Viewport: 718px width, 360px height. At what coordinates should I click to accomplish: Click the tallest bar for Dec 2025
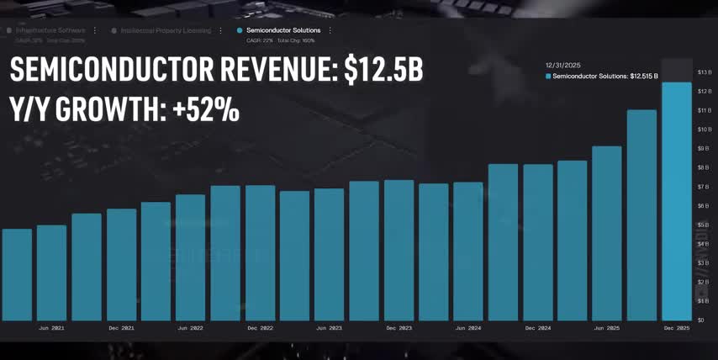[x=677, y=202]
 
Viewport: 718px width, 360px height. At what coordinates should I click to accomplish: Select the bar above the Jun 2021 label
[x=51, y=273]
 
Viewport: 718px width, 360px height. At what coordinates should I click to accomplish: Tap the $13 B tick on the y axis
[x=705, y=71]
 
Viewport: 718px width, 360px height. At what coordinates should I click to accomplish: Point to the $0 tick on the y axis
[x=702, y=320]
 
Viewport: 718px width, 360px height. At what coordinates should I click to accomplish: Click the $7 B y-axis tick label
[x=704, y=187]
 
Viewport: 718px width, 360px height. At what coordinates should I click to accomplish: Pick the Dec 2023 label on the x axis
[x=399, y=328]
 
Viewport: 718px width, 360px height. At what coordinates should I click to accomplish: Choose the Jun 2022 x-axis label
[x=191, y=328]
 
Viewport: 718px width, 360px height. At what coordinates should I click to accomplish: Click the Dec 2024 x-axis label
[x=538, y=328]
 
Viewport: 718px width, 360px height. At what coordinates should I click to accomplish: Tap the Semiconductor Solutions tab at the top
[x=283, y=30]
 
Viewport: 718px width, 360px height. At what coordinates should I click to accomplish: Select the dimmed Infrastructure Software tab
[x=50, y=30]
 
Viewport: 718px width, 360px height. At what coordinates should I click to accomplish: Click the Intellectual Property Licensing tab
[x=166, y=30]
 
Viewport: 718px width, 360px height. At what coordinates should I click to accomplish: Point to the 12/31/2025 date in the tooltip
[x=563, y=65]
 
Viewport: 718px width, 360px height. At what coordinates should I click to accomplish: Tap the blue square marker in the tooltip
[x=548, y=76]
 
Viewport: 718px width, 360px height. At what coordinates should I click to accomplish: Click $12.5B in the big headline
[x=383, y=71]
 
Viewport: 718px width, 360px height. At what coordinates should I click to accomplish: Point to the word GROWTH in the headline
[x=108, y=109]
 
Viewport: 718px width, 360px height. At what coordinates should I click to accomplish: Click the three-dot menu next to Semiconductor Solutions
[x=330, y=30]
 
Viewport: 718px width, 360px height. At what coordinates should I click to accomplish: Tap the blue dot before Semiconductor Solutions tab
[x=240, y=30]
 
